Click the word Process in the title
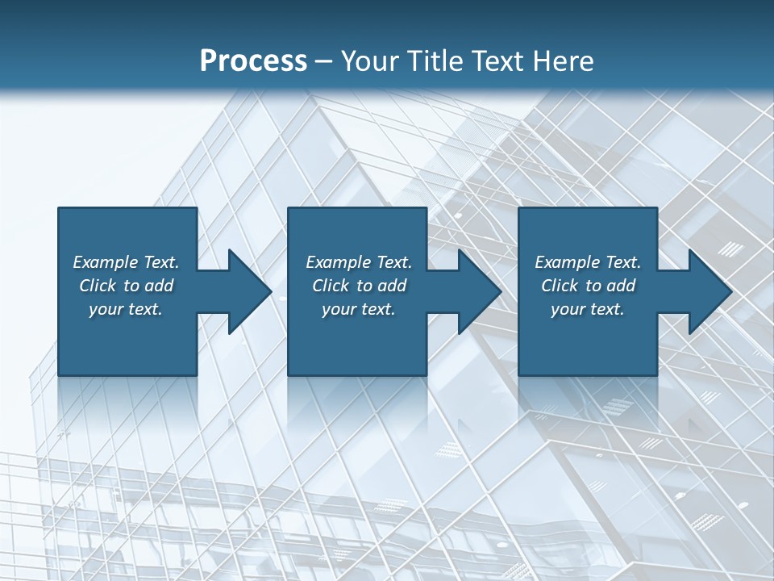tap(253, 61)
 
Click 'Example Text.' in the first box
tap(126, 262)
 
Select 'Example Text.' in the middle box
tap(359, 262)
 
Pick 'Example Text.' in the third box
tap(588, 262)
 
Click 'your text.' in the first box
tap(126, 309)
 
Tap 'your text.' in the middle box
tap(359, 309)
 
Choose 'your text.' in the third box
tap(588, 309)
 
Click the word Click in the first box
tap(98, 286)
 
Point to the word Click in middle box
tap(331, 286)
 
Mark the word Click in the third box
tap(560, 286)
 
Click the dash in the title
tap(324, 62)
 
